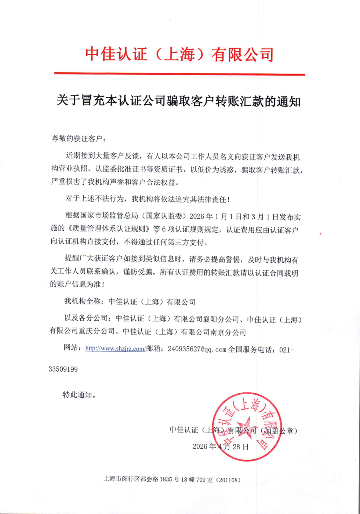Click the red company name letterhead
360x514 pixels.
click(179, 54)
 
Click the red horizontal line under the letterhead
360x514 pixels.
click(179, 74)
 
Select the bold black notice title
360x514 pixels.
click(178, 101)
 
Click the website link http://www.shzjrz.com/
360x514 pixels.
click(115, 349)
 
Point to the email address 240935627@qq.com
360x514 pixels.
click(197, 349)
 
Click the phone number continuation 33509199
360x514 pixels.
click(63, 369)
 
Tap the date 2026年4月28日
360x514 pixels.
click(221, 446)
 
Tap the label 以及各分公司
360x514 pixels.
click(86, 318)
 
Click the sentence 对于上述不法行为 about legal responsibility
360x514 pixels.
click(148, 199)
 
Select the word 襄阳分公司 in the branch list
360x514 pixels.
click(221, 319)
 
